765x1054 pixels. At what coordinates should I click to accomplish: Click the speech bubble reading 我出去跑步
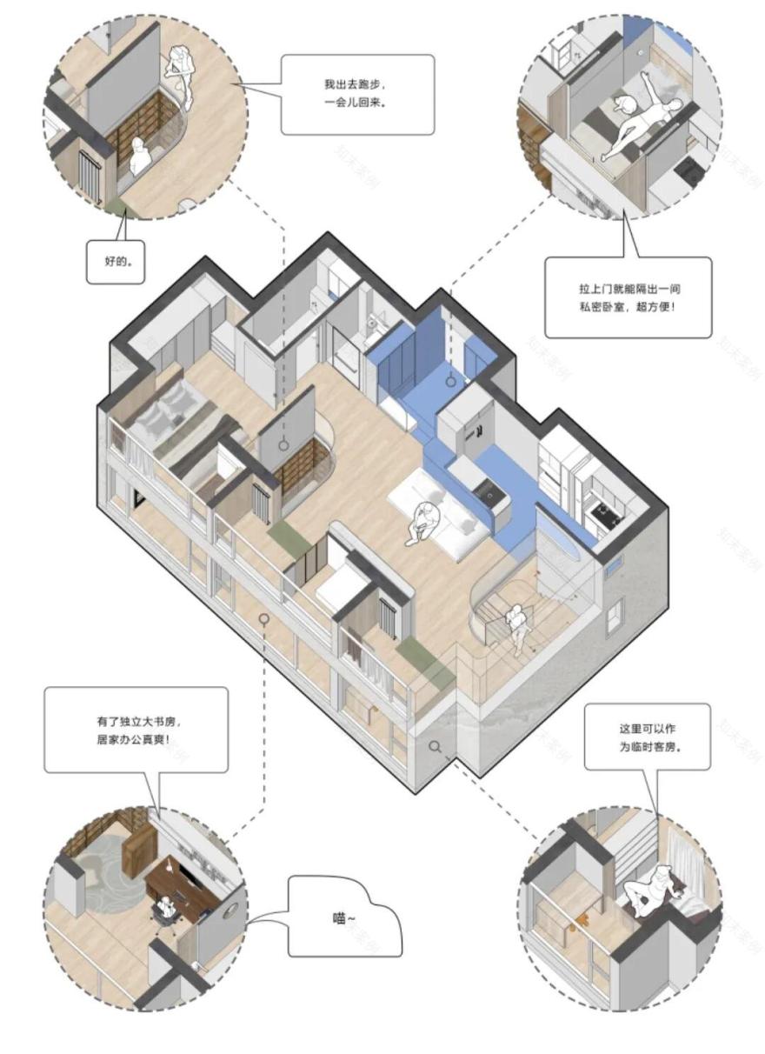click(x=358, y=94)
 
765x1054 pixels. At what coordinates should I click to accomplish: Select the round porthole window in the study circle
click(x=230, y=910)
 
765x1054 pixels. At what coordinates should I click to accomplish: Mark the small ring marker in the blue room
click(x=452, y=380)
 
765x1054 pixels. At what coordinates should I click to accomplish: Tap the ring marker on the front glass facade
click(x=263, y=618)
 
